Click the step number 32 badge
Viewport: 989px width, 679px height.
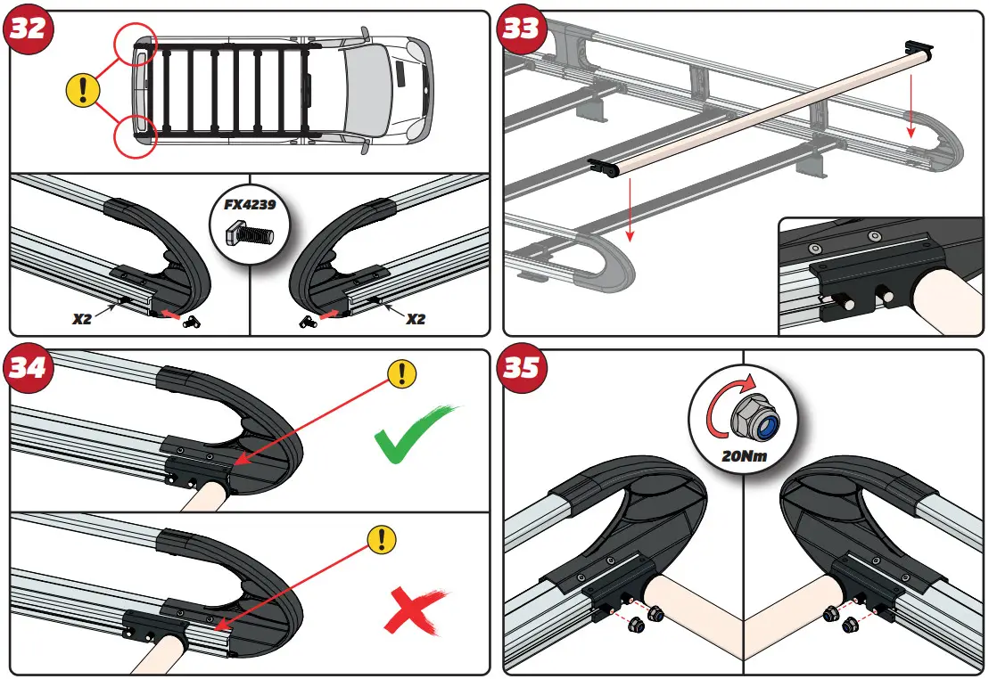28,28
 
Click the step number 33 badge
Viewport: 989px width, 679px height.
522,28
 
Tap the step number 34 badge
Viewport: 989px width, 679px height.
28,367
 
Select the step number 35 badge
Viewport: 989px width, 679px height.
522,367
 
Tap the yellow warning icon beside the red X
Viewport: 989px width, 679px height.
383,538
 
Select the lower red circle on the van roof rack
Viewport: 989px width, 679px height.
135,134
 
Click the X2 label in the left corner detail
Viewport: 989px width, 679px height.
81,317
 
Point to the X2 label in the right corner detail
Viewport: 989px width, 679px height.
415,317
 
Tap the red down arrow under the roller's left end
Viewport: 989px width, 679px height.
630,209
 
